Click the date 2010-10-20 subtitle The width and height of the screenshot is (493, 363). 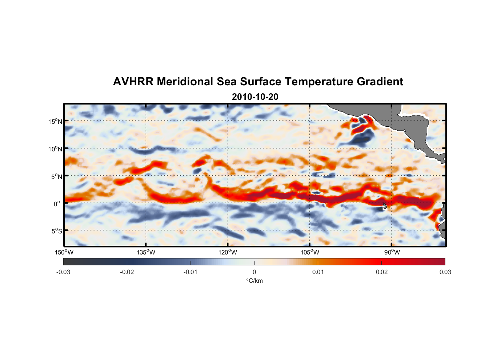coord(255,97)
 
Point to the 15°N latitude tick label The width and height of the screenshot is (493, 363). coord(55,121)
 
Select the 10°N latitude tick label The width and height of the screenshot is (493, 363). coord(55,149)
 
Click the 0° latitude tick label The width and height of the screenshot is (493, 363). coord(57,204)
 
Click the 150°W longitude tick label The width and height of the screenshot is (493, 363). coord(64,252)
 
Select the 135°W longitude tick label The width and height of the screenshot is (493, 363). coord(146,252)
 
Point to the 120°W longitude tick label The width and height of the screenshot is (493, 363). coord(228,252)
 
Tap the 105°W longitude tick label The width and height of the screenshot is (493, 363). coord(310,252)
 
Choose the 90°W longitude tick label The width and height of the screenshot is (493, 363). coord(392,252)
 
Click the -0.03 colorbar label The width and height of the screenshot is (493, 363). coord(63,272)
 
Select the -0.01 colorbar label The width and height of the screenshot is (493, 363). coord(191,272)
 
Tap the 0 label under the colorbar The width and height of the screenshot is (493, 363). coord(254,272)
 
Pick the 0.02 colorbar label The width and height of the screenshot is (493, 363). coord(382,272)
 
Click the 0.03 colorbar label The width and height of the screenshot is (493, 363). coord(445,272)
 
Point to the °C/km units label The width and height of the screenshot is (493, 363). coord(254,281)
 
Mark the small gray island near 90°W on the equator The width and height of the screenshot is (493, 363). coord(385,205)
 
